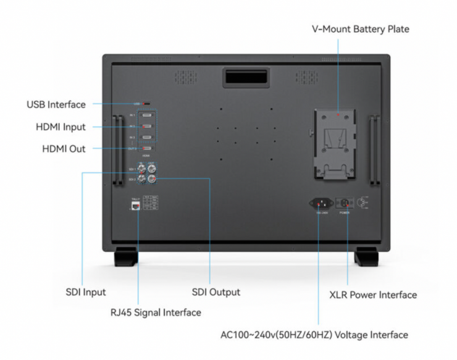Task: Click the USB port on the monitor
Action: tap(147, 104)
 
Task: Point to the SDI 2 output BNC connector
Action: tap(152, 179)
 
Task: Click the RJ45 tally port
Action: tap(135, 204)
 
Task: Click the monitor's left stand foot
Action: tap(125, 256)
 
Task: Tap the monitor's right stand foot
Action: tap(366, 256)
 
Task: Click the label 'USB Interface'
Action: tap(56, 104)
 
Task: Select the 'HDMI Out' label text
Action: tap(64, 149)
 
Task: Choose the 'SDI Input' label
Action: tap(86, 292)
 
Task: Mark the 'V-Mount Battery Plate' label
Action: tap(361, 29)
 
